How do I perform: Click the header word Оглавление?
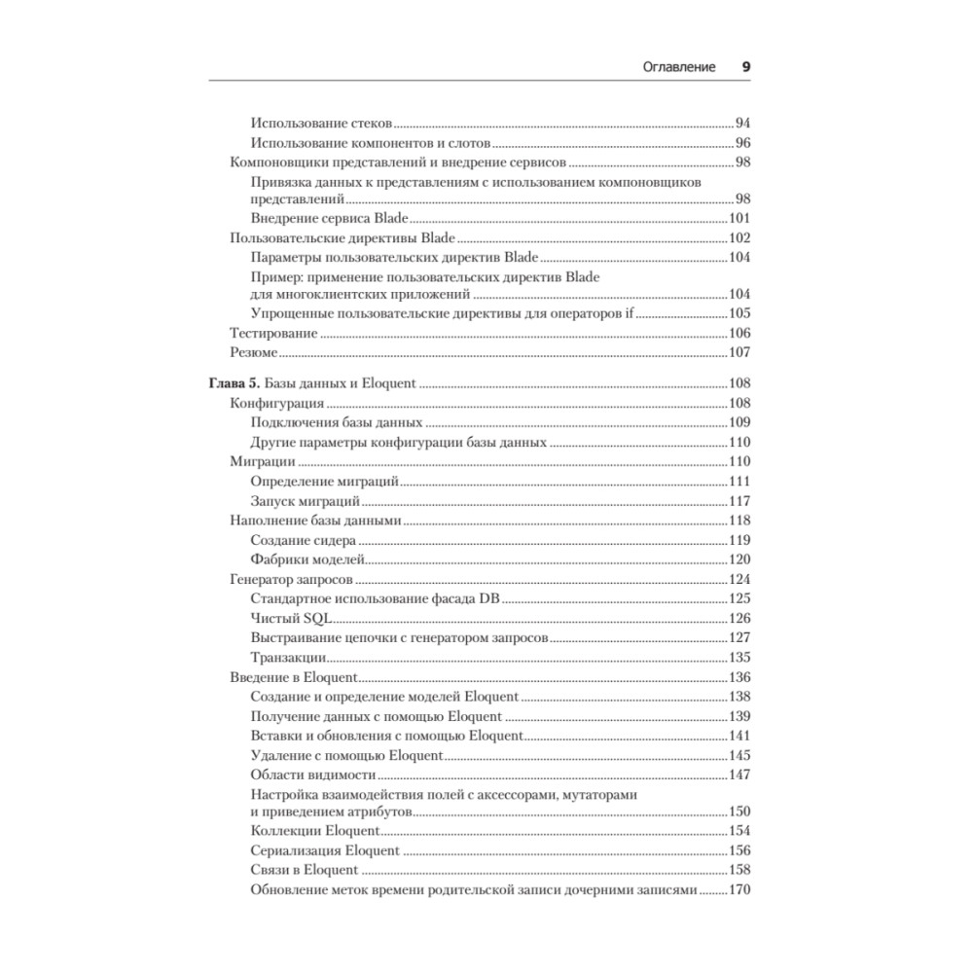(x=679, y=67)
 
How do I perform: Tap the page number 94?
(x=742, y=124)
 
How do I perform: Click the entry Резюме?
(x=253, y=352)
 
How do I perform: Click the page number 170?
(x=741, y=890)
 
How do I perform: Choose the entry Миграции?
(x=256, y=461)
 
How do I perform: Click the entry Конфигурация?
(x=276, y=403)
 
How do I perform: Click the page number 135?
(x=741, y=657)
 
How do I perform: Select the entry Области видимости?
(x=313, y=774)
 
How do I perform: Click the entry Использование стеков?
(x=320, y=124)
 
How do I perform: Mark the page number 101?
(x=741, y=219)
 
